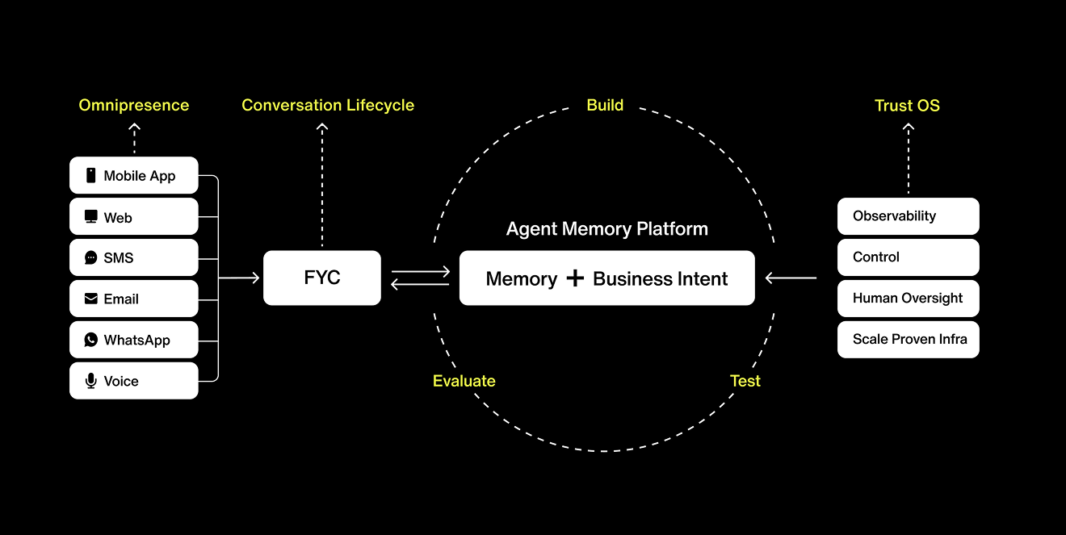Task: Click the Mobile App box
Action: [133, 176]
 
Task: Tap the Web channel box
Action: [133, 217]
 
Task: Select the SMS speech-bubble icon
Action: [90, 258]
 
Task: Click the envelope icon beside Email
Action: [90, 299]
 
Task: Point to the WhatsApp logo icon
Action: [90, 340]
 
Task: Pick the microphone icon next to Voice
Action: [90, 381]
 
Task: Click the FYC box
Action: [321, 278]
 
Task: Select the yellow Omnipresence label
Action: [134, 105]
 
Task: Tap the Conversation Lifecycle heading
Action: [328, 105]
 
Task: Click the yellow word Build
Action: [605, 105]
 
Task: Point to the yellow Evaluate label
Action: [464, 381]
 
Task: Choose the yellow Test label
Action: [745, 381]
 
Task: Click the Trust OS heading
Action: [907, 105]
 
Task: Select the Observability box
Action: [908, 216]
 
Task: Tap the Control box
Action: [908, 257]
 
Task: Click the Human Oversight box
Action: [908, 298]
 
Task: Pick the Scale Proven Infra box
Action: [908, 339]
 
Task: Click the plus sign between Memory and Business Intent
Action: [575, 278]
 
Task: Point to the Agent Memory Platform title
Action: [606, 229]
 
